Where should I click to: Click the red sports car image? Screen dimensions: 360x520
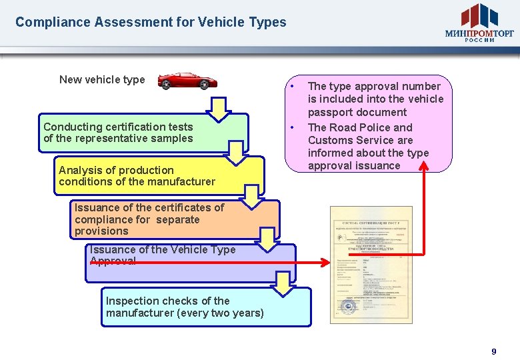[187, 81]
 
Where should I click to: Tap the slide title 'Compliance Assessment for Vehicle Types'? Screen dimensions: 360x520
[151, 22]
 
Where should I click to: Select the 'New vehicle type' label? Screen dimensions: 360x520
[102, 80]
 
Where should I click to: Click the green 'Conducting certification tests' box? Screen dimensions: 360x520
[143, 133]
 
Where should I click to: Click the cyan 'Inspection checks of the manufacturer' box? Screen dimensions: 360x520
[206, 307]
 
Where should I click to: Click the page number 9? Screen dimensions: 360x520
[494, 351]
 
